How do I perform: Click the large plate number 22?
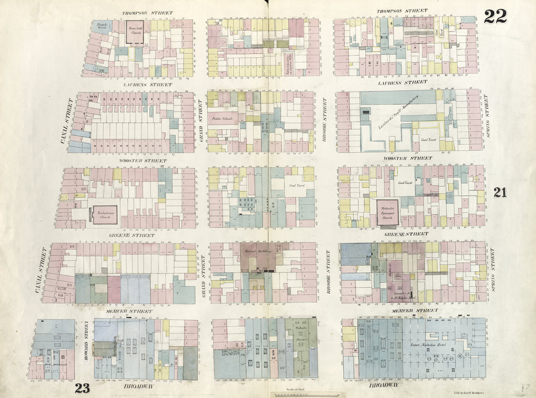pyautogui.click(x=495, y=17)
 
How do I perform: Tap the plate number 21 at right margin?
pyautogui.click(x=499, y=193)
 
